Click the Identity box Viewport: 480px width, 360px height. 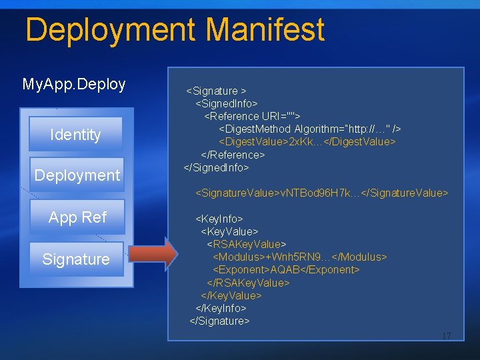(x=75, y=135)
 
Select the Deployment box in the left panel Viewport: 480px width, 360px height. (x=77, y=175)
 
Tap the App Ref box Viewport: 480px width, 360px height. (x=77, y=217)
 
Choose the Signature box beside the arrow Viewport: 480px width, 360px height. (x=76, y=259)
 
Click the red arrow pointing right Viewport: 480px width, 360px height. (x=153, y=254)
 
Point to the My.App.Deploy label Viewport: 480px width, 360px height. (x=74, y=84)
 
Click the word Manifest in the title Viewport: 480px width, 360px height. (x=265, y=30)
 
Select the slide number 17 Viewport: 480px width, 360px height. (x=446, y=336)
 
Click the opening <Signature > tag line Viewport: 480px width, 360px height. (x=216, y=91)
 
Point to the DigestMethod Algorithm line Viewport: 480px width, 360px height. (x=310, y=129)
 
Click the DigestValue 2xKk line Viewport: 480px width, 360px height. (x=307, y=141)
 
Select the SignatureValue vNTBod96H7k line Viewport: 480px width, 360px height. (x=321, y=193)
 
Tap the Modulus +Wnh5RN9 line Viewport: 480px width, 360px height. (x=299, y=257)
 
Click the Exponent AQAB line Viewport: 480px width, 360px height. (x=285, y=269)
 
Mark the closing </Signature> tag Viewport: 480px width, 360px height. (x=220, y=321)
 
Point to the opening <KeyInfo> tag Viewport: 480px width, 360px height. (x=219, y=218)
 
